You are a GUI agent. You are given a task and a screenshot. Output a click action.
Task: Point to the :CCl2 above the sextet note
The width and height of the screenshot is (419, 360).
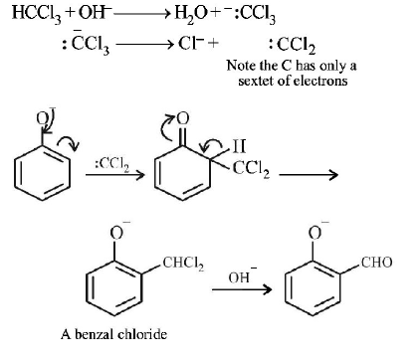point(292,46)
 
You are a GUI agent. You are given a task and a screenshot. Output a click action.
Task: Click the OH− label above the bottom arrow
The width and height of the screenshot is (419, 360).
point(240,278)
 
